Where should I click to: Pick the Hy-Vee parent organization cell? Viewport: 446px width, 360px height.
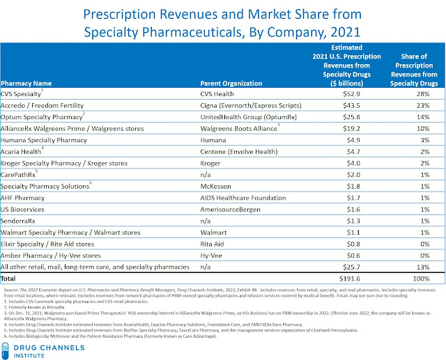coord(210,254)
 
